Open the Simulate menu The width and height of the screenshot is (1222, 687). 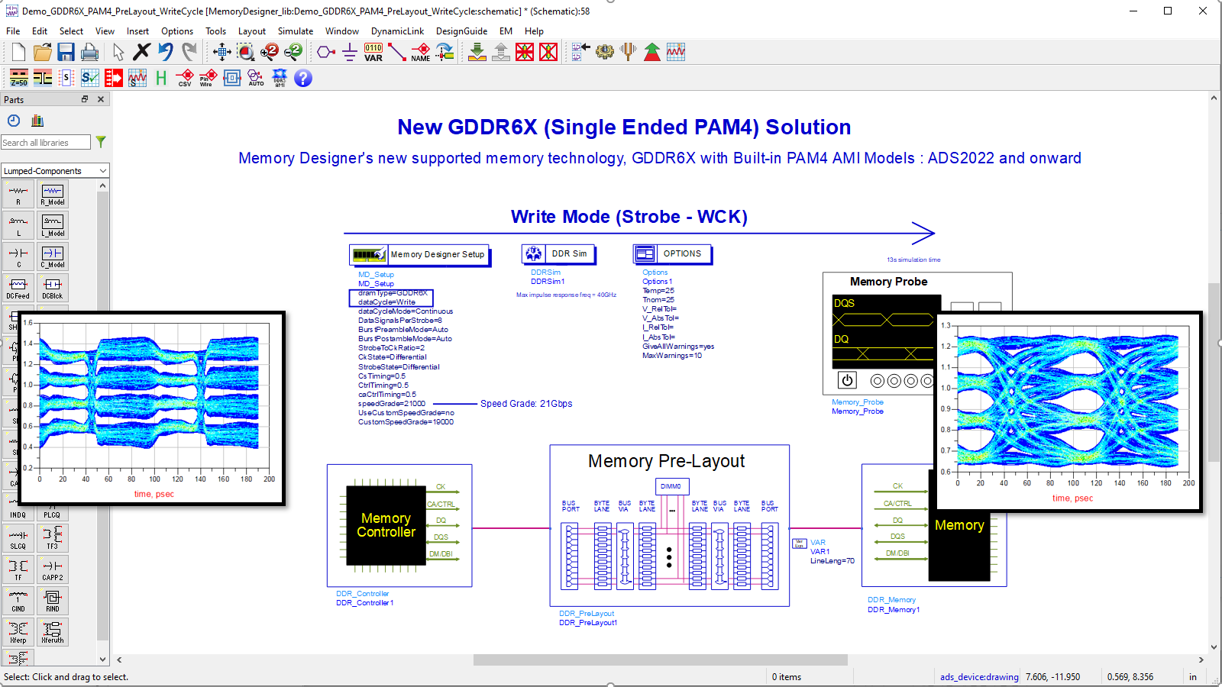[x=295, y=31]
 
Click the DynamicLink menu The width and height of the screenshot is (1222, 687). [x=397, y=31]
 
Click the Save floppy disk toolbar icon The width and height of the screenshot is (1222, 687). [x=66, y=52]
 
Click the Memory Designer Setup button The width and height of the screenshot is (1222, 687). [x=419, y=254]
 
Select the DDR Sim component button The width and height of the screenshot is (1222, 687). [x=559, y=253]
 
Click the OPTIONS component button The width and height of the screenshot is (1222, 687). [x=672, y=253]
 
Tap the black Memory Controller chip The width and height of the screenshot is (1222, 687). [x=386, y=525]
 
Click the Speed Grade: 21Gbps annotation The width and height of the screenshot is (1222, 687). [x=525, y=404]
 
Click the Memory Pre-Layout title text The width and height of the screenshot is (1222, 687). [x=666, y=461]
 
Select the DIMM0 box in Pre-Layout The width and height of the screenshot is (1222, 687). [x=671, y=486]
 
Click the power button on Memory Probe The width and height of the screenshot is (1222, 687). [x=847, y=380]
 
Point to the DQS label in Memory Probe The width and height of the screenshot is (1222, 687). [x=845, y=303]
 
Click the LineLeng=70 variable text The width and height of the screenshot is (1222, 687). [x=832, y=561]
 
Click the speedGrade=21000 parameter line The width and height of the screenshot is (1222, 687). [x=392, y=404]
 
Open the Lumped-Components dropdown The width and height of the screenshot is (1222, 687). [x=55, y=171]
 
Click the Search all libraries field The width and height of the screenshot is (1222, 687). [x=45, y=143]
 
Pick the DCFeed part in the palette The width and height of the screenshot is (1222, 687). [x=18, y=287]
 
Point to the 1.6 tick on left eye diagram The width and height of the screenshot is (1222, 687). [x=27, y=323]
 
